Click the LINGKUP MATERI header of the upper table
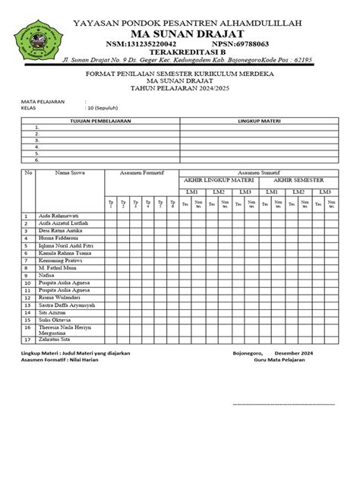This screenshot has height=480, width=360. [260, 122]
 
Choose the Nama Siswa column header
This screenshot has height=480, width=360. [69, 172]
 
